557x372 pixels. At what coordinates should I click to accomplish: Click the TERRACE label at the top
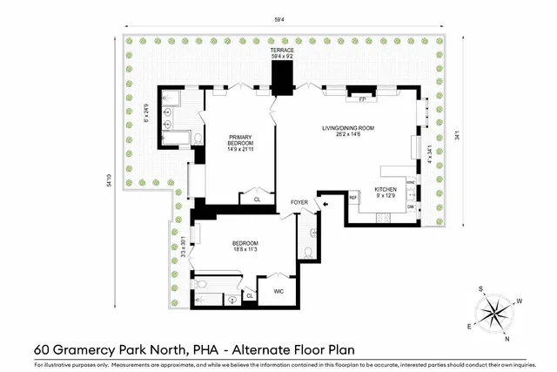pyautogui.click(x=282, y=51)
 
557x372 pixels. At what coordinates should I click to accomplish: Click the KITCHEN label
pyautogui.click(x=386, y=188)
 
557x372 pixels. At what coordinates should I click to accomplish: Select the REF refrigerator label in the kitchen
pyautogui.click(x=353, y=198)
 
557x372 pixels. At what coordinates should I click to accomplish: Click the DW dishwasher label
pyautogui.click(x=410, y=206)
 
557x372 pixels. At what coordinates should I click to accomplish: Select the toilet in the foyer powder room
pyautogui.click(x=308, y=253)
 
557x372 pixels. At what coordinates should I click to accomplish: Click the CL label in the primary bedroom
pyautogui.click(x=257, y=200)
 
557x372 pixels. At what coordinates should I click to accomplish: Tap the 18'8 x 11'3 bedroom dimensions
pyautogui.click(x=245, y=249)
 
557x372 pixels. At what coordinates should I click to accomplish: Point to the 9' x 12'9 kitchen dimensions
pyautogui.click(x=386, y=195)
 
